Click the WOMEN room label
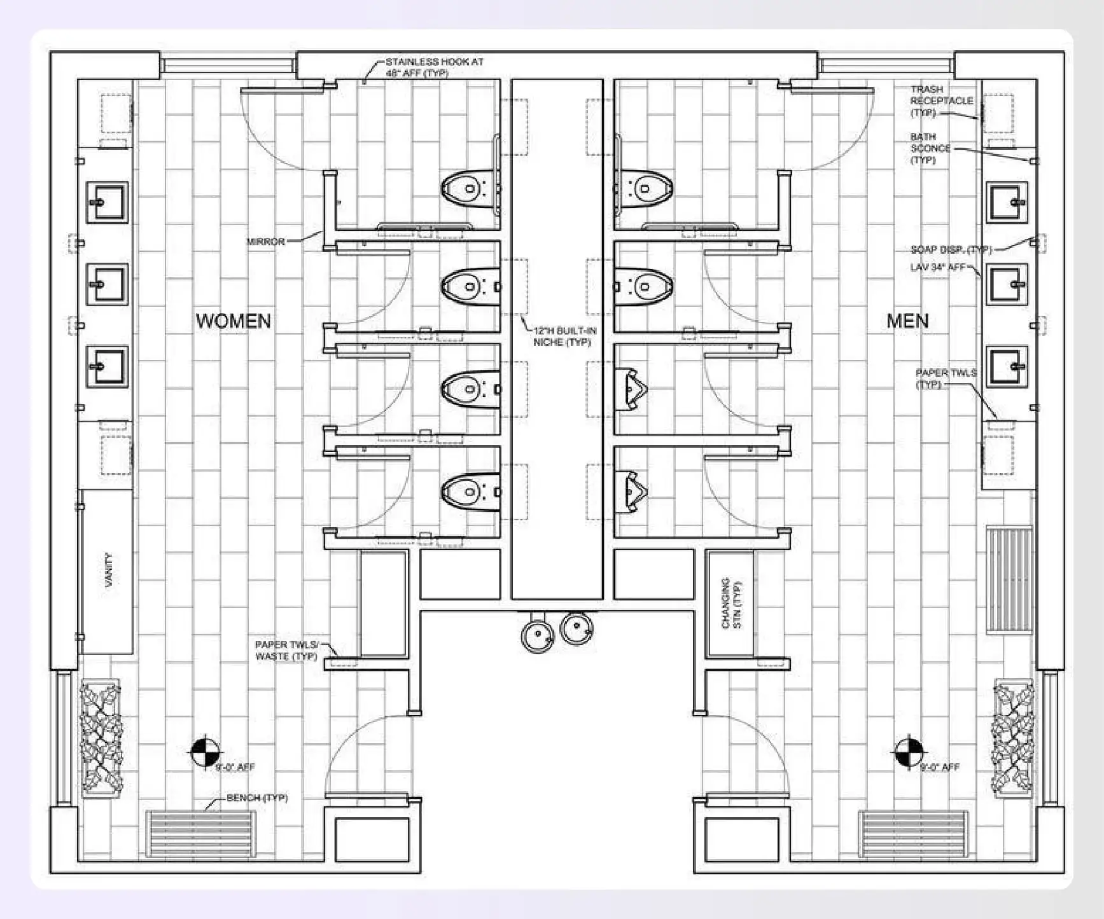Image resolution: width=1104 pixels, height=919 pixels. [x=233, y=321]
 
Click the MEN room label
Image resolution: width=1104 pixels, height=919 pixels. [x=907, y=321]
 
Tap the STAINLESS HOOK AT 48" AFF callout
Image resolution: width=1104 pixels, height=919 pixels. [x=434, y=67]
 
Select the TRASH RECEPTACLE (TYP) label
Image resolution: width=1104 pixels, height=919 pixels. [x=941, y=100]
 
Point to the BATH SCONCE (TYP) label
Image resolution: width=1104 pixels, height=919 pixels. [x=930, y=148]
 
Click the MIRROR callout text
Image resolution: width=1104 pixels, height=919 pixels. [x=265, y=242]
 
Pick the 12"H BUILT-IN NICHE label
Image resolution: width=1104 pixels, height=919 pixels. [x=564, y=336]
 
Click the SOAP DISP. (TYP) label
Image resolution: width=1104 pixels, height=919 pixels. [x=951, y=249]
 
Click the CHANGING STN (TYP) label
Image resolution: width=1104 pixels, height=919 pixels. [x=731, y=603]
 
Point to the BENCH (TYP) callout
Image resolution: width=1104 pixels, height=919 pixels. [x=257, y=798]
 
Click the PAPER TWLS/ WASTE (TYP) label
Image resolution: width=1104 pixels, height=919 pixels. [x=286, y=650]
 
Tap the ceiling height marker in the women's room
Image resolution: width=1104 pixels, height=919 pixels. [x=205, y=752]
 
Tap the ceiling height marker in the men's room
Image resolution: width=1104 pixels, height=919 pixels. [x=909, y=752]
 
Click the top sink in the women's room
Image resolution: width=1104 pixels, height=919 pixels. [x=107, y=202]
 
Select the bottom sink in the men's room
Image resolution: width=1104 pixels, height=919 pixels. [x=1007, y=366]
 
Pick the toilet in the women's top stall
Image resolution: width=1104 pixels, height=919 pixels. [x=470, y=188]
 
